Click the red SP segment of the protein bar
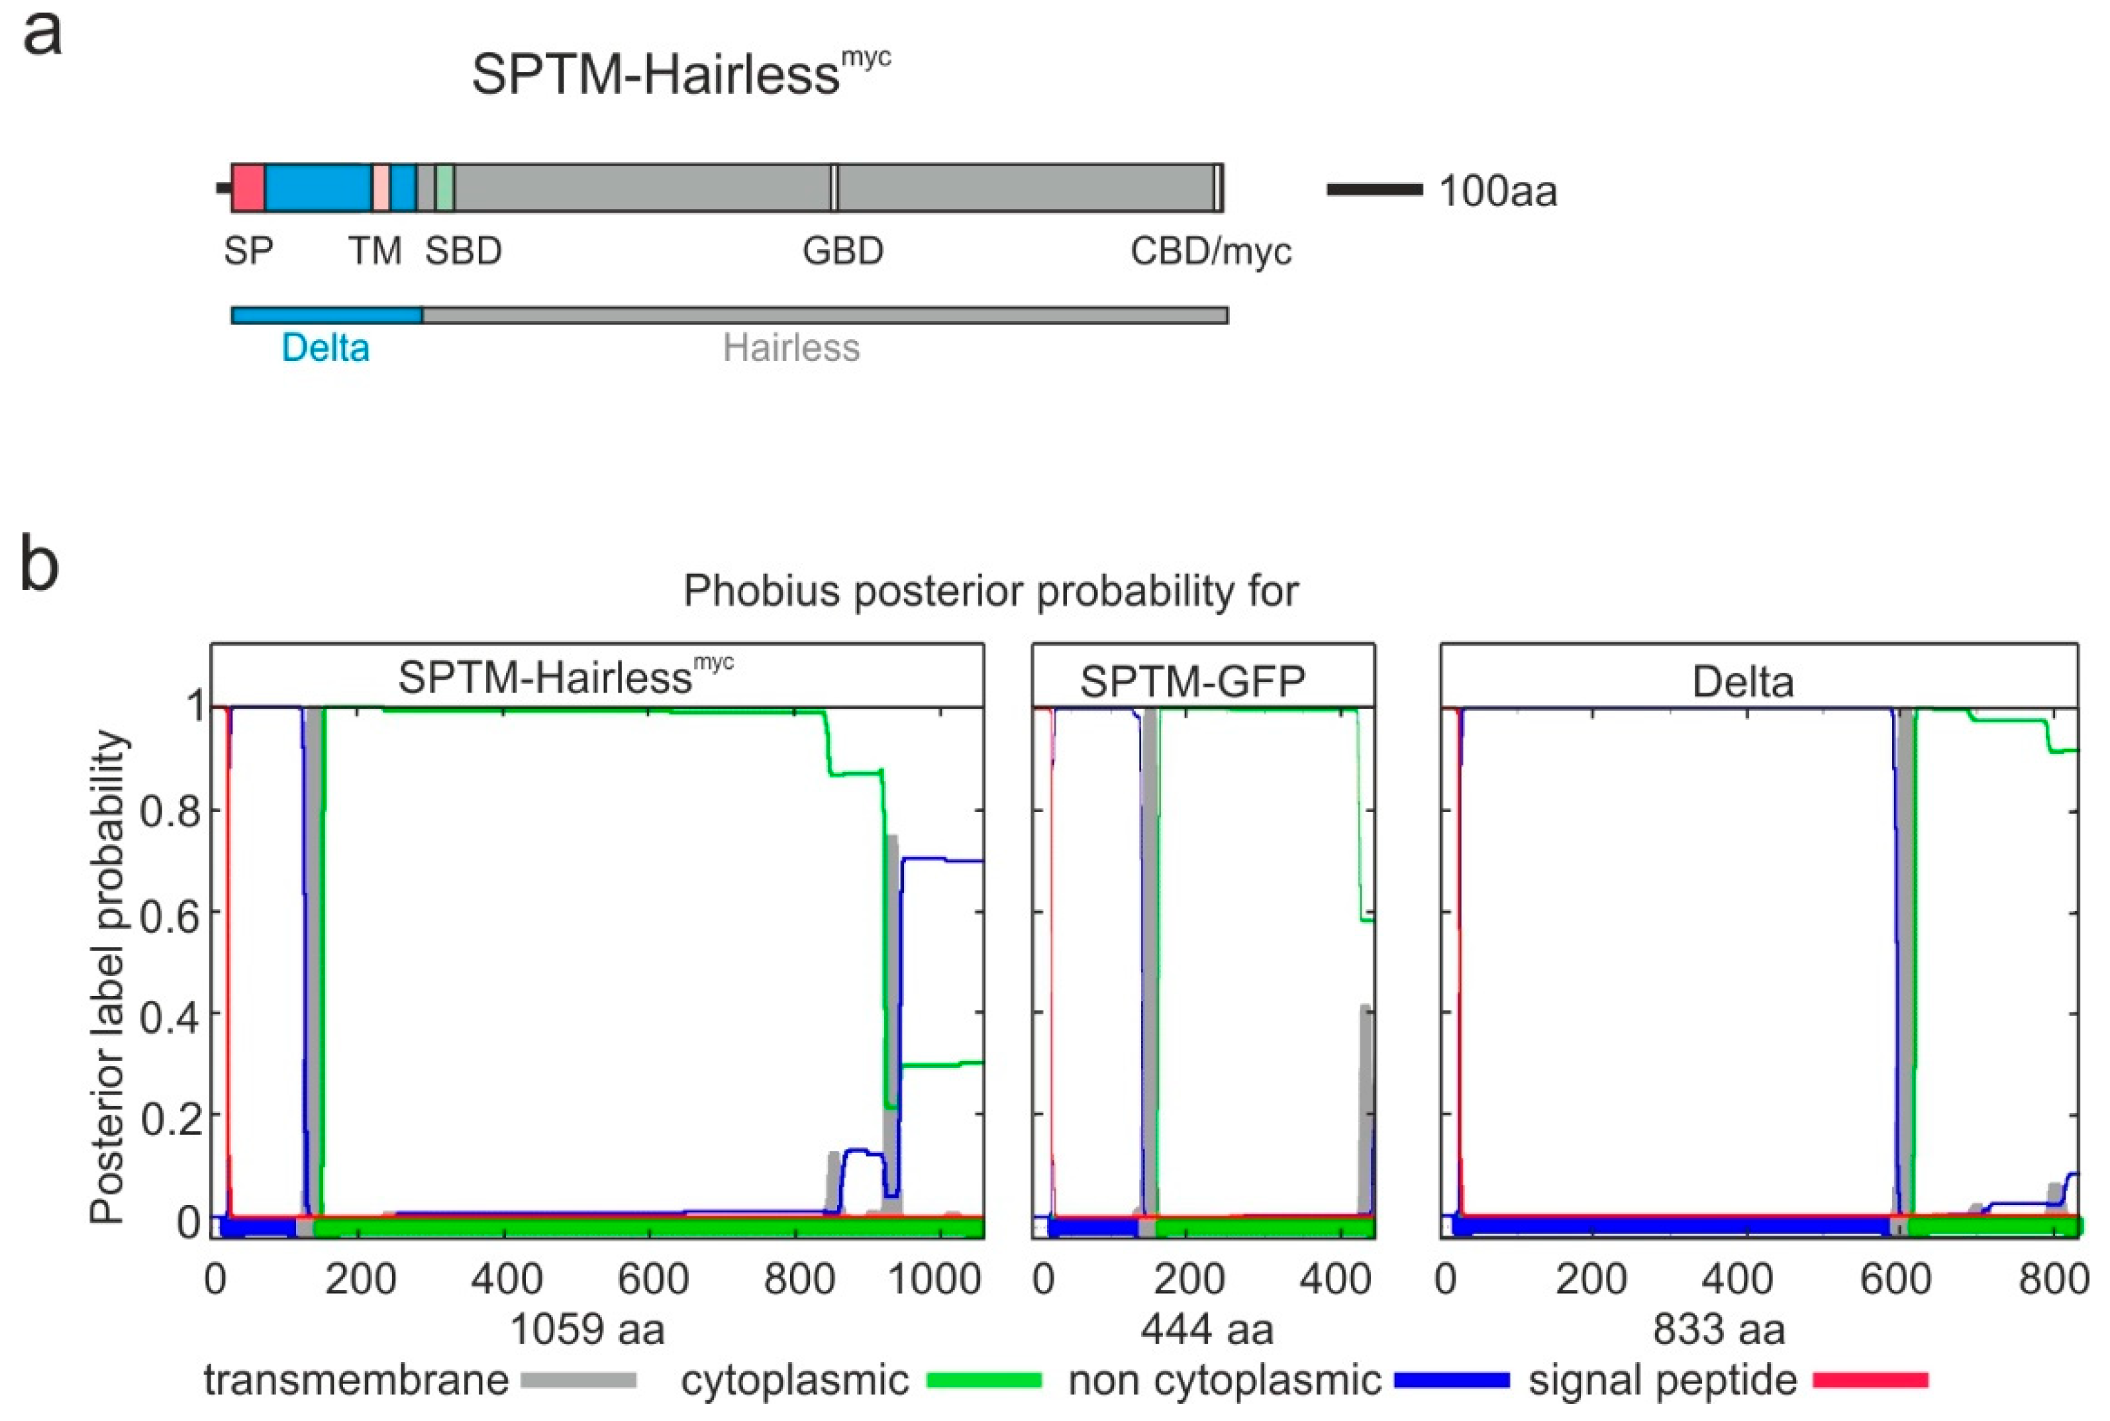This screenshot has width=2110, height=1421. point(248,189)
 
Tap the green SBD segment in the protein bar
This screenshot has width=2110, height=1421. point(444,189)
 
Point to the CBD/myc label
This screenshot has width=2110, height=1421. point(1210,251)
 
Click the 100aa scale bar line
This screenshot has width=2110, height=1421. point(1374,189)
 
